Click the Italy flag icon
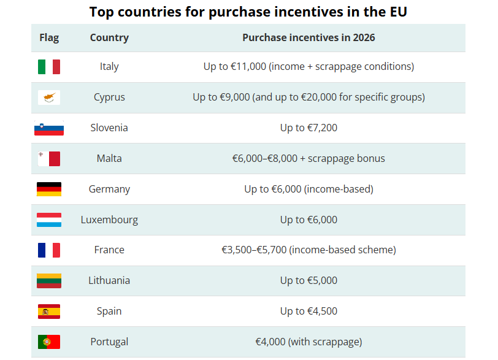pyautogui.click(x=49, y=66)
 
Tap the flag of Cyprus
pyautogui.click(x=49, y=97)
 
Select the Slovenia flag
pyautogui.click(x=49, y=128)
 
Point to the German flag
pyautogui.click(x=49, y=189)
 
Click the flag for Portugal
pyautogui.click(x=49, y=342)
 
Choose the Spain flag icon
pyautogui.click(x=49, y=311)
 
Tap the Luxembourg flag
pyautogui.click(x=49, y=220)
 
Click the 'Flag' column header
pyautogui.click(x=49, y=37)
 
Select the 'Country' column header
pyautogui.click(x=109, y=37)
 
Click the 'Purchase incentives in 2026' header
pyautogui.click(x=308, y=37)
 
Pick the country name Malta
pyautogui.click(x=109, y=158)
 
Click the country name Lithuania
pyautogui.click(x=109, y=280)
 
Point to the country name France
pyautogui.click(x=109, y=250)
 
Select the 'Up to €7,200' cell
pyautogui.click(x=308, y=128)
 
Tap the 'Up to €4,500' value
pyautogui.click(x=308, y=311)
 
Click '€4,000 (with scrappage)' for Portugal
pyautogui.click(x=308, y=342)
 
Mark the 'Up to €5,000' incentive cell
pyautogui.click(x=308, y=280)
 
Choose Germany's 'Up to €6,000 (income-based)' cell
pyautogui.click(x=308, y=189)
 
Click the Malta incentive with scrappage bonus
pyautogui.click(x=308, y=158)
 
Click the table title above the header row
pyautogui.click(x=248, y=12)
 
